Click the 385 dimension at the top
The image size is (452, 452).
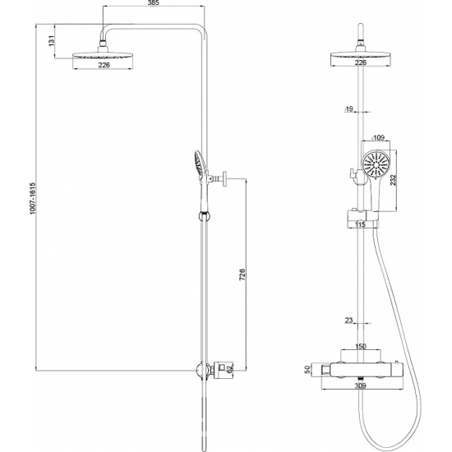click(154, 2)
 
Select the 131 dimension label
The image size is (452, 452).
click(51, 41)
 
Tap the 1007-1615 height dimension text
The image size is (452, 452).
click(32, 198)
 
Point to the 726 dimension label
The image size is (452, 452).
click(242, 274)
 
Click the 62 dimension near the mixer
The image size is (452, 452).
click(229, 369)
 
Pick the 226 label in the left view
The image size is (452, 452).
click(104, 65)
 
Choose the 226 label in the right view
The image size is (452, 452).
click(360, 62)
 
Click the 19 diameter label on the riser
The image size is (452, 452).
click(348, 109)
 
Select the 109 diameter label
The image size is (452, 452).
click(378, 137)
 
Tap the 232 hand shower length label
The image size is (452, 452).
click(393, 180)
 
